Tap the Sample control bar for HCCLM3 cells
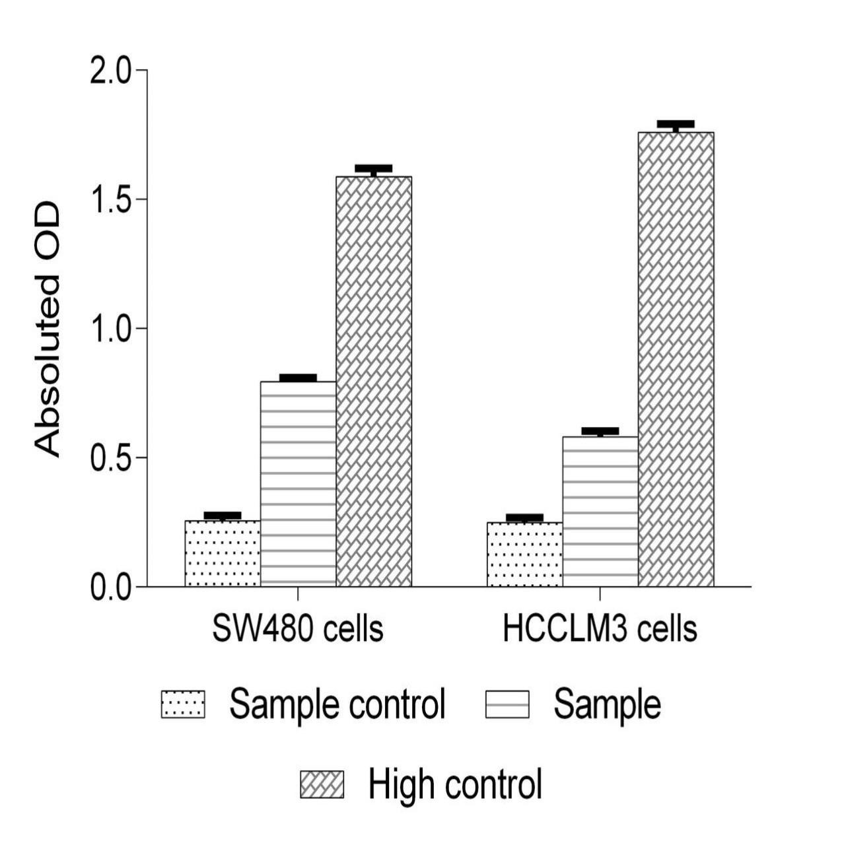(524, 555)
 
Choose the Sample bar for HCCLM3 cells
(600, 512)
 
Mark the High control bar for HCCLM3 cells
(676, 359)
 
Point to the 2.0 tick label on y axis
(110, 71)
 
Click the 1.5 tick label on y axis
(110, 199)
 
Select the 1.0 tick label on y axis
(110, 329)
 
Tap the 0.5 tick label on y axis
(110, 457)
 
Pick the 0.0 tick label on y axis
(110, 587)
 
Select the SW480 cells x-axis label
(298, 629)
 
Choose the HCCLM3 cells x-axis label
(600, 629)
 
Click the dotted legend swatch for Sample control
(183, 704)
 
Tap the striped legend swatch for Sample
(507, 704)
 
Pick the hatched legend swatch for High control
(322, 784)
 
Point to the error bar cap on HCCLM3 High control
(676, 124)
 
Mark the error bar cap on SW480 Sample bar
(298, 378)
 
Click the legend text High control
(455, 784)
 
